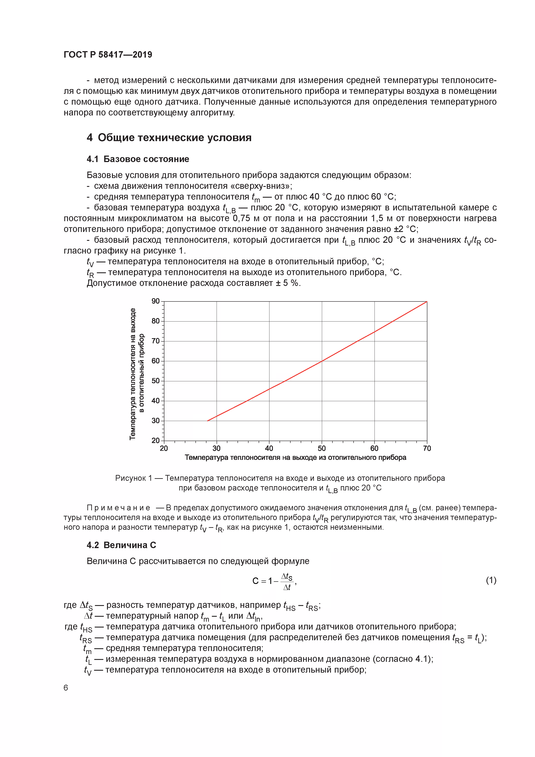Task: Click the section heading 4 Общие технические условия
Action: pyautogui.click(x=169, y=137)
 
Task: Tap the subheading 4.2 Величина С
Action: pyautogui.click(x=121, y=545)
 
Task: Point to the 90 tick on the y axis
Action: pyautogui.click(x=156, y=301)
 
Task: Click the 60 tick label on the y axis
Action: pyautogui.click(x=156, y=361)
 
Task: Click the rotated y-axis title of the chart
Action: pyautogui.click(x=137, y=374)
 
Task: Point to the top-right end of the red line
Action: pyautogui.click(x=426, y=302)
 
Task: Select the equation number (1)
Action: pyautogui.click(x=491, y=580)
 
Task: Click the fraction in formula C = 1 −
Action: pyautogui.click(x=287, y=582)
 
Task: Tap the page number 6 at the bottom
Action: pyautogui.click(x=66, y=688)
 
